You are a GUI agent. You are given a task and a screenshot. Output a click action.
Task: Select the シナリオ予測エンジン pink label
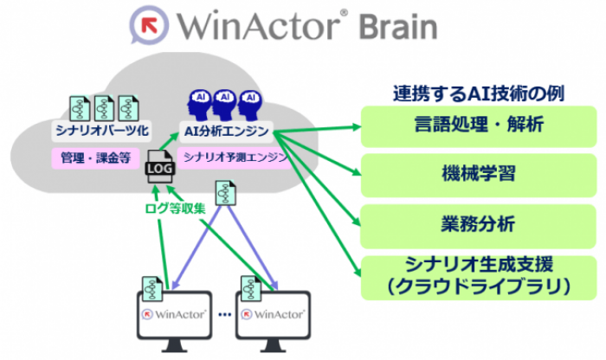click(228, 156)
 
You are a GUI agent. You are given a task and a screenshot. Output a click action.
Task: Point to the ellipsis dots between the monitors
click(223, 314)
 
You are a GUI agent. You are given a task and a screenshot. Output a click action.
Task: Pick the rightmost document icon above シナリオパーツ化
click(129, 106)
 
